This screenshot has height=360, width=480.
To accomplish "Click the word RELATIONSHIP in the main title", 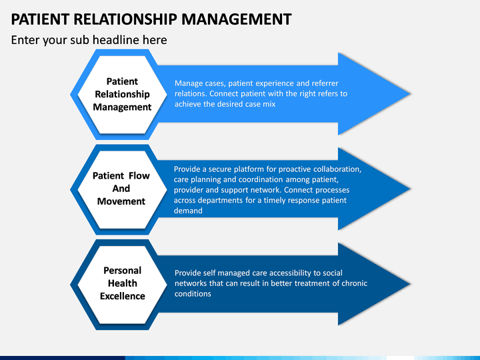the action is [125, 19].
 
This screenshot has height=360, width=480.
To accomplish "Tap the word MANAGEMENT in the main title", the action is [236, 19].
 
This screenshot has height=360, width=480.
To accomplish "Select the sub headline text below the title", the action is [89, 40].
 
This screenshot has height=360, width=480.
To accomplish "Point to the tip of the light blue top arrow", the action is [410, 94].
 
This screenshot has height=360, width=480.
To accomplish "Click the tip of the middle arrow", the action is [410, 189].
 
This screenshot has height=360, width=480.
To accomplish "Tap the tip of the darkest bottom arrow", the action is [410, 284].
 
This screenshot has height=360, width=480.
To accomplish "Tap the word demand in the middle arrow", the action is [188, 211].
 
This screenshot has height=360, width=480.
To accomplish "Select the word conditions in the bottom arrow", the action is [193, 294].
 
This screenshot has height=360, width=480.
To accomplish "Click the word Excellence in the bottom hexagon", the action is [123, 296].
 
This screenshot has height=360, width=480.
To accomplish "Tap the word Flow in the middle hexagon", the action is [139, 176].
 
